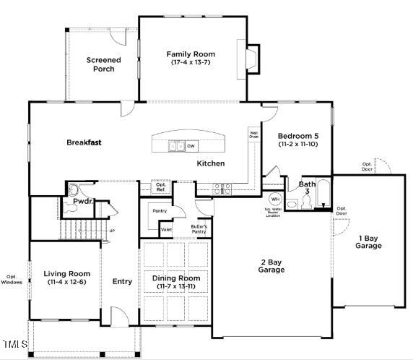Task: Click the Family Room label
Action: click(191, 54)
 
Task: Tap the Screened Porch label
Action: click(103, 64)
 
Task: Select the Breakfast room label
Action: click(84, 142)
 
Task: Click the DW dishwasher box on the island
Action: click(191, 147)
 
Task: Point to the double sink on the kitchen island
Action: click(176, 147)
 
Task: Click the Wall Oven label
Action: click(254, 134)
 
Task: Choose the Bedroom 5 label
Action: click(298, 136)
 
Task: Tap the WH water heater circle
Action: click(275, 199)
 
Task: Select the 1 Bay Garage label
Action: click(368, 242)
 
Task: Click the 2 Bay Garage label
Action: click(272, 265)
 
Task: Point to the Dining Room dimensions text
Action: click(176, 287)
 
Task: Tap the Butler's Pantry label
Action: click(199, 229)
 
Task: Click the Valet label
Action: click(166, 230)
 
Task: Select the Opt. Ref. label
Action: click(161, 187)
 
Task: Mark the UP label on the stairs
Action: click(111, 231)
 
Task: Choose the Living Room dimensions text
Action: click(66, 283)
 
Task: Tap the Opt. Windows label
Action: click(12, 279)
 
